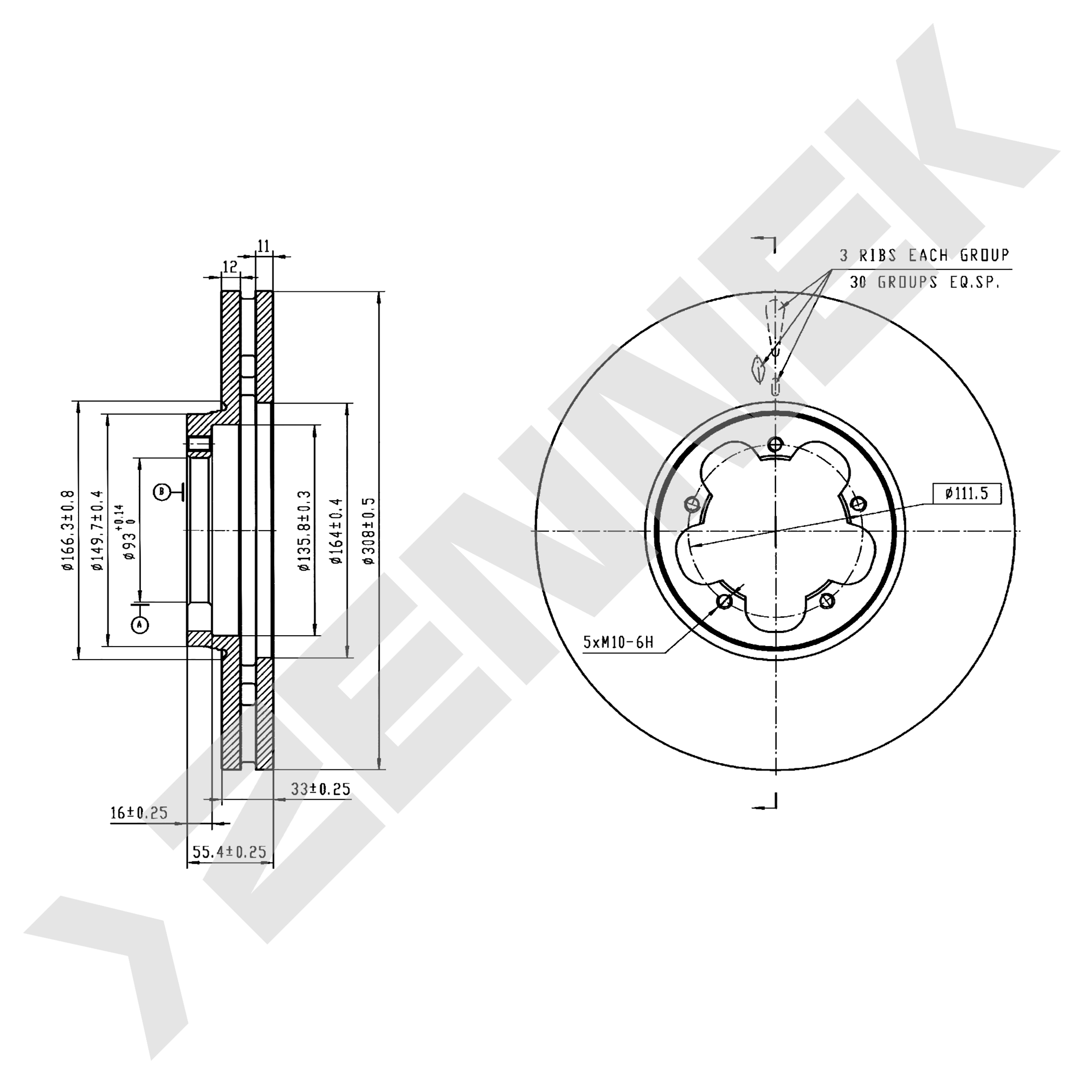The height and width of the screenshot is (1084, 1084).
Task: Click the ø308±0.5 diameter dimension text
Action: [x=369, y=531]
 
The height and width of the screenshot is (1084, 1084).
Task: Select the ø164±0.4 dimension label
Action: [x=336, y=531]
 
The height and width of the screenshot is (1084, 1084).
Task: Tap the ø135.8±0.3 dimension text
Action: [x=304, y=531]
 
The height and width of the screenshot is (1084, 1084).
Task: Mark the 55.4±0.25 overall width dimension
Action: [x=229, y=852]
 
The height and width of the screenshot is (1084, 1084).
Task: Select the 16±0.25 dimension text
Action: [x=139, y=813]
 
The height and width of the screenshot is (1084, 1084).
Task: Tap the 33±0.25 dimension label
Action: [x=320, y=789]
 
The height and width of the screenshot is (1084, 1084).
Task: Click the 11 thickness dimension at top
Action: [x=264, y=246]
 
